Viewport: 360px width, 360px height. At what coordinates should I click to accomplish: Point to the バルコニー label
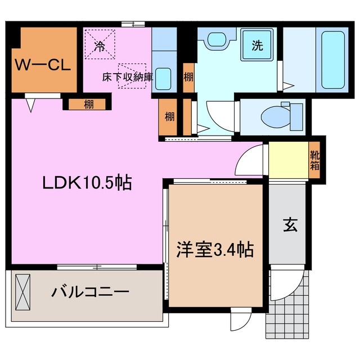point(91,292)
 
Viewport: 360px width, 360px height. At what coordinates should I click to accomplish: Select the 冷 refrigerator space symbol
point(100,46)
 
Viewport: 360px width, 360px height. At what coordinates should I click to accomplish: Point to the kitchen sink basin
point(163,78)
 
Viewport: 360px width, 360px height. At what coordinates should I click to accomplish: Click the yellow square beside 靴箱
point(288,160)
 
